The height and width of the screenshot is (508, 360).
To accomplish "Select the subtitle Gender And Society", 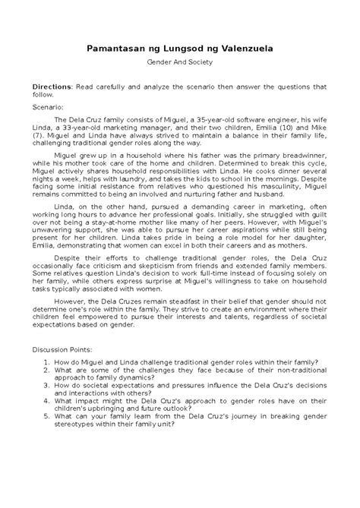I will click(x=179, y=69).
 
